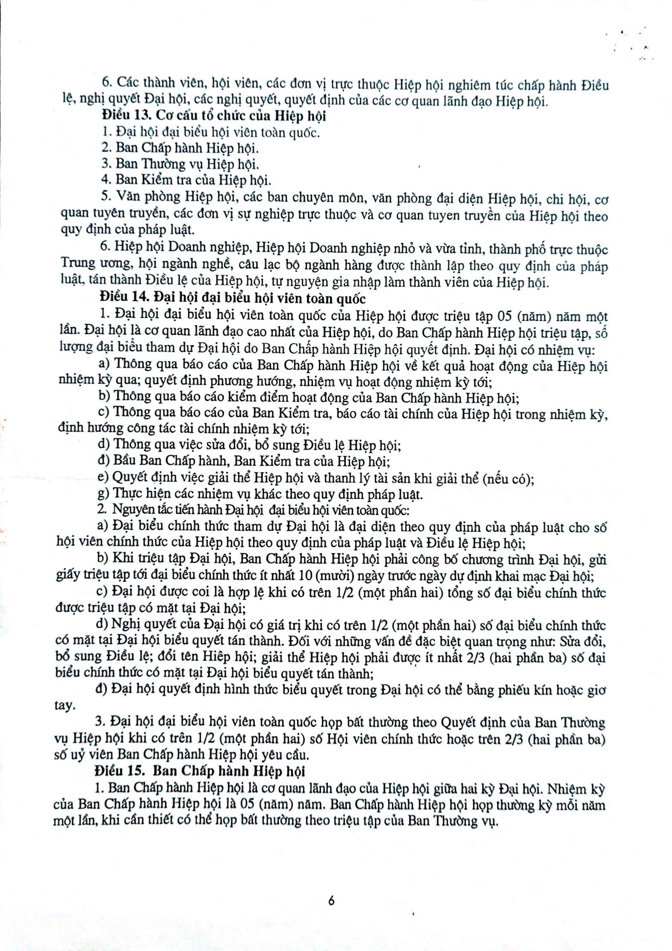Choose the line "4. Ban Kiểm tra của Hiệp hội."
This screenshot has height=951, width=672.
[187, 180]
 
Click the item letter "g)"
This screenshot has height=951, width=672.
[103, 495]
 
